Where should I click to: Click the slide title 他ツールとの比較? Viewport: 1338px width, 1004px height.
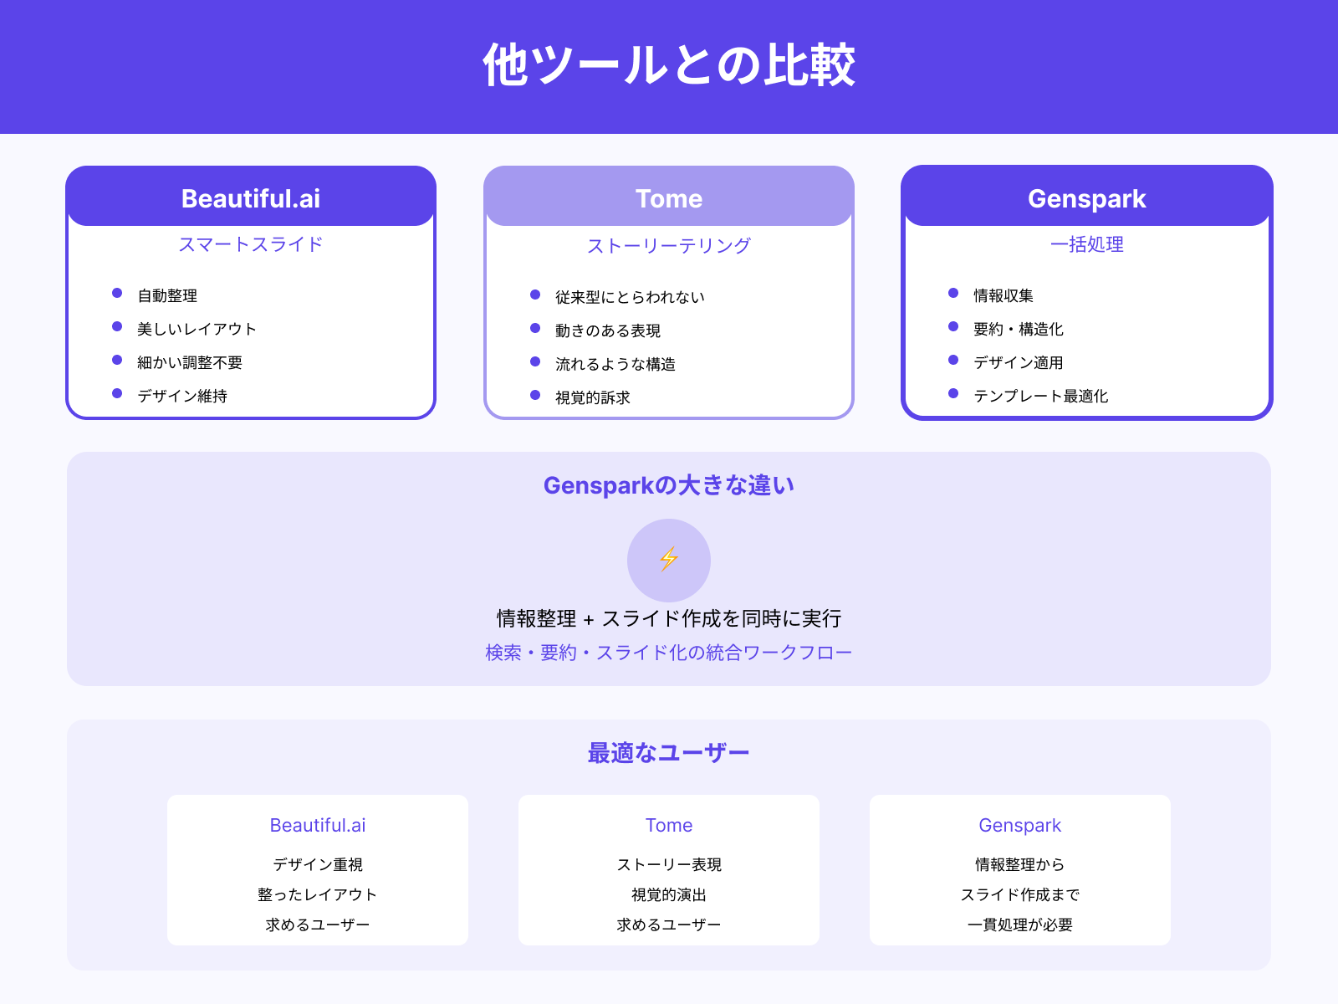pyautogui.click(x=669, y=65)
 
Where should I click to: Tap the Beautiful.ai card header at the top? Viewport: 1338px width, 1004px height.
pyautogui.click(x=251, y=198)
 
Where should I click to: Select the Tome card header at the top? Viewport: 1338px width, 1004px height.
pyautogui.click(x=669, y=198)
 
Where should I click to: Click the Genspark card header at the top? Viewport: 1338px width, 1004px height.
pyautogui.click(x=1086, y=198)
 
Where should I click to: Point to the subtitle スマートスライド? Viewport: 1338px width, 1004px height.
pyautogui.click(x=251, y=244)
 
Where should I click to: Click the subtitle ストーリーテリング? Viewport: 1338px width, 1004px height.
pyautogui.click(x=669, y=246)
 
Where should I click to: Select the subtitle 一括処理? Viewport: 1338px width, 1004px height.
pyautogui.click(x=1086, y=244)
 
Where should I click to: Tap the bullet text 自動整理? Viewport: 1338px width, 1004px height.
pyautogui.click(x=167, y=295)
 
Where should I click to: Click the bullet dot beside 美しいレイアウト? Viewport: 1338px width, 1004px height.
pyautogui.click(x=117, y=327)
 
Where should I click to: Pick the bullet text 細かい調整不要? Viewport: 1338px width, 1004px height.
pyautogui.click(x=190, y=362)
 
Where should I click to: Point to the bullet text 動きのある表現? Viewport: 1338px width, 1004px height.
pyautogui.click(x=608, y=330)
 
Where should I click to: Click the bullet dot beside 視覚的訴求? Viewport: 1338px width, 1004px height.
pyautogui.click(x=535, y=395)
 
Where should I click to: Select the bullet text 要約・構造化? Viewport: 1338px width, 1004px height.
pyautogui.click(x=1019, y=329)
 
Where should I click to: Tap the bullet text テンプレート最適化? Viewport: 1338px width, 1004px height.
pyautogui.click(x=1040, y=396)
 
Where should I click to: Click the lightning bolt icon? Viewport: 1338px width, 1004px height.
pyautogui.click(x=669, y=559)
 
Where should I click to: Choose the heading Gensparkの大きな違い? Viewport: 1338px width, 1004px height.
pyautogui.click(x=669, y=485)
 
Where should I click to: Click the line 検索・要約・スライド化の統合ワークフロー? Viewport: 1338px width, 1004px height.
pyautogui.click(x=669, y=653)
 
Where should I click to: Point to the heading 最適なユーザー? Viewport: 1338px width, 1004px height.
pyautogui.click(x=669, y=753)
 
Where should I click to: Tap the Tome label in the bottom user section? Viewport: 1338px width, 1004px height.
pyautogui.click(x=669, y=825)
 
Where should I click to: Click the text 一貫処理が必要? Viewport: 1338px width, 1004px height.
pyautogui.click(x=1020, y=925)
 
